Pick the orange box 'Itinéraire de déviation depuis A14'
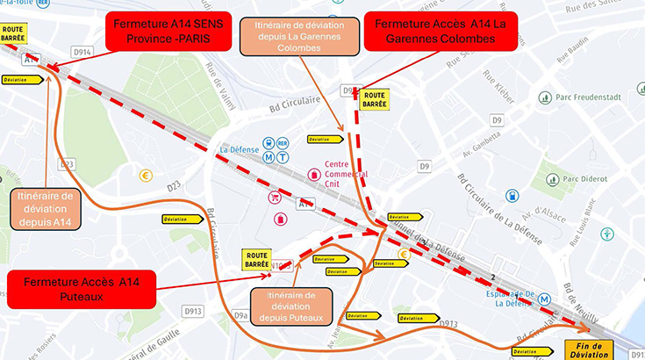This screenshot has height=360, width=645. tap(45, 207)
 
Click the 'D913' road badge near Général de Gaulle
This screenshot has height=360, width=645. tap(193, 311)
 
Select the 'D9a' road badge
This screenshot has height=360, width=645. tap(241, 313)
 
